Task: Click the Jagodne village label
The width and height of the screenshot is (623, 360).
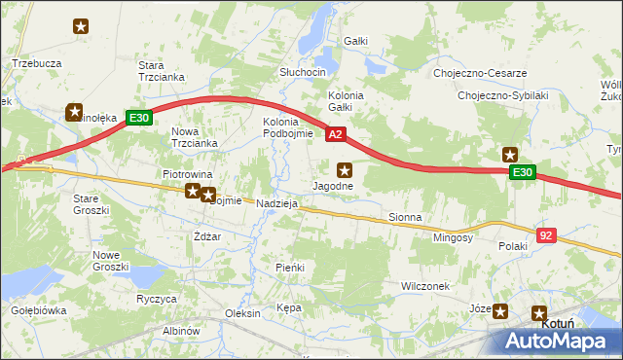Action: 332,186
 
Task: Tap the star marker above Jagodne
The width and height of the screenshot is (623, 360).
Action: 344,169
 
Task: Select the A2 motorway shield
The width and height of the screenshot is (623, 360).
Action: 335,134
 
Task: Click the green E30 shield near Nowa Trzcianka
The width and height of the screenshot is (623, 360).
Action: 139,119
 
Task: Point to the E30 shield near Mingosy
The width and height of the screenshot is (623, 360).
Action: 524,172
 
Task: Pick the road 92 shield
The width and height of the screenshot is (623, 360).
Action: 547,234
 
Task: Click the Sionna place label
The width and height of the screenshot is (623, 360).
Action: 404,217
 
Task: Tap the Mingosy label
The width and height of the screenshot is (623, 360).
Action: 454,236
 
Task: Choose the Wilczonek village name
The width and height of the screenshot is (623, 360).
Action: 425,286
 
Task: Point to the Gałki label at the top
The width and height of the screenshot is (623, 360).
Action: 355,41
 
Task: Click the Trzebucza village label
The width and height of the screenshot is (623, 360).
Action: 37,62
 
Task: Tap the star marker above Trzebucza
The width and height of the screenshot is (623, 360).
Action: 80,27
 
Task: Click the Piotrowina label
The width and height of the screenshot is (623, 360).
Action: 187,174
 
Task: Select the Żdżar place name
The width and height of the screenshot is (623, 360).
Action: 206,236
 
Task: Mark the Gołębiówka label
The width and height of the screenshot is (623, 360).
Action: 38,310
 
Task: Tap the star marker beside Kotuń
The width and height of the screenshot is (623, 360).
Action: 539,313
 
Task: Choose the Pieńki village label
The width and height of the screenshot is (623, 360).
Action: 290,267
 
